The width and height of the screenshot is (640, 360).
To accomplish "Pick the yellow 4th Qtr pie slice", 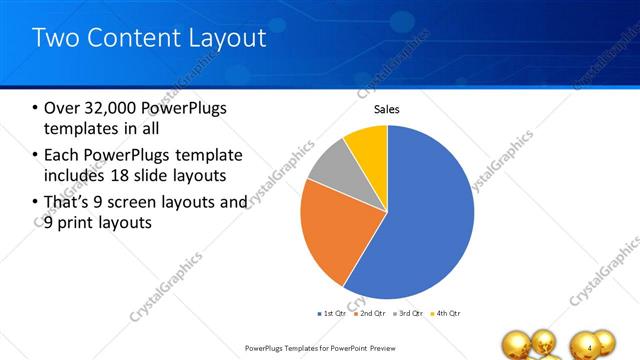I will coord(367,145).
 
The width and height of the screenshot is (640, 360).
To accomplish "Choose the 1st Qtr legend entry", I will coord(333,313).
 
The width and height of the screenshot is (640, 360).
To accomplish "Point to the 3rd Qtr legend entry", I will coord(408,313).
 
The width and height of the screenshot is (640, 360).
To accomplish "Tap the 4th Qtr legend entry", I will coord(445,313).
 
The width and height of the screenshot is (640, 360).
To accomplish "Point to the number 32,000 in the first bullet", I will coord(112,107).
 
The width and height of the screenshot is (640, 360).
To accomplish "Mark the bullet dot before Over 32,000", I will coord(34,108).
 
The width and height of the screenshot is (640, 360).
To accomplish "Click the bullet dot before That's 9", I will coord(34,203).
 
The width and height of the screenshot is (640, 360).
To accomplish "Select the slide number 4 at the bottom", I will coord(590,347).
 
